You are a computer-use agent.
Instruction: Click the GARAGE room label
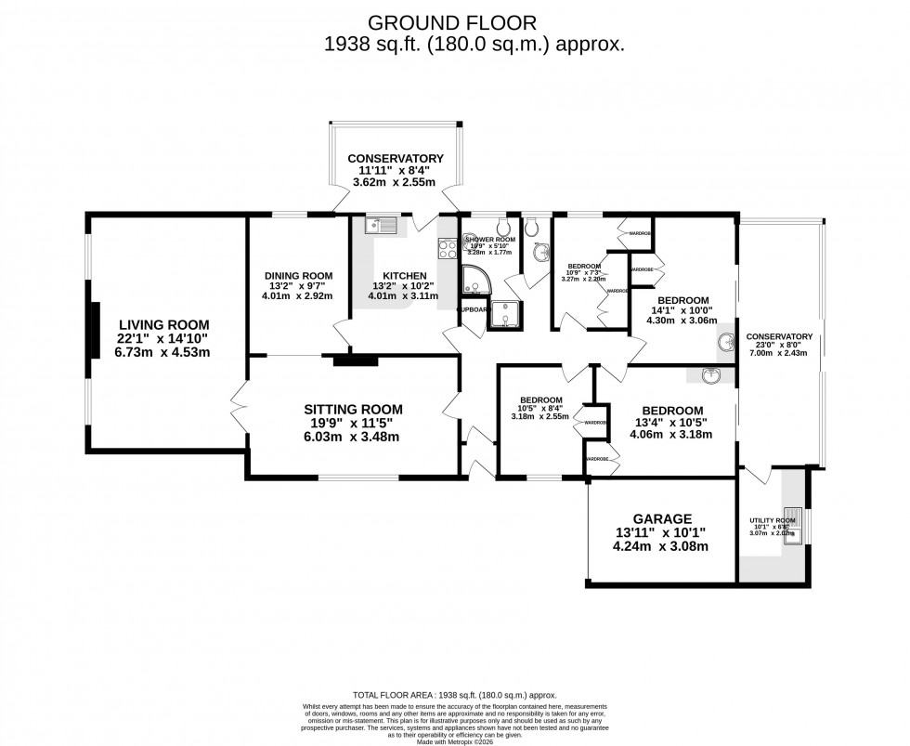click(663, 518)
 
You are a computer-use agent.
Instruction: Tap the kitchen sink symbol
click(381, 224)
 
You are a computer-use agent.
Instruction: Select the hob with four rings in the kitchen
click(446, 247)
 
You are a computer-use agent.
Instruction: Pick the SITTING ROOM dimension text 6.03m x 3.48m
click(354, 437)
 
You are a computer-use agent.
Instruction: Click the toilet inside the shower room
click(502, 227)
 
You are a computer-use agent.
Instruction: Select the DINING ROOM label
click(298, 275)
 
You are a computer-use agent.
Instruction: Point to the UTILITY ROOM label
click(773, 520)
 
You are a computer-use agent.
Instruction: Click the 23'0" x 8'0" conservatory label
click(778, 336)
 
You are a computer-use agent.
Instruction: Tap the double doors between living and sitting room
click(239, 405)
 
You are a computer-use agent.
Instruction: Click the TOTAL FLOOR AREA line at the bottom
click(454, 694)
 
